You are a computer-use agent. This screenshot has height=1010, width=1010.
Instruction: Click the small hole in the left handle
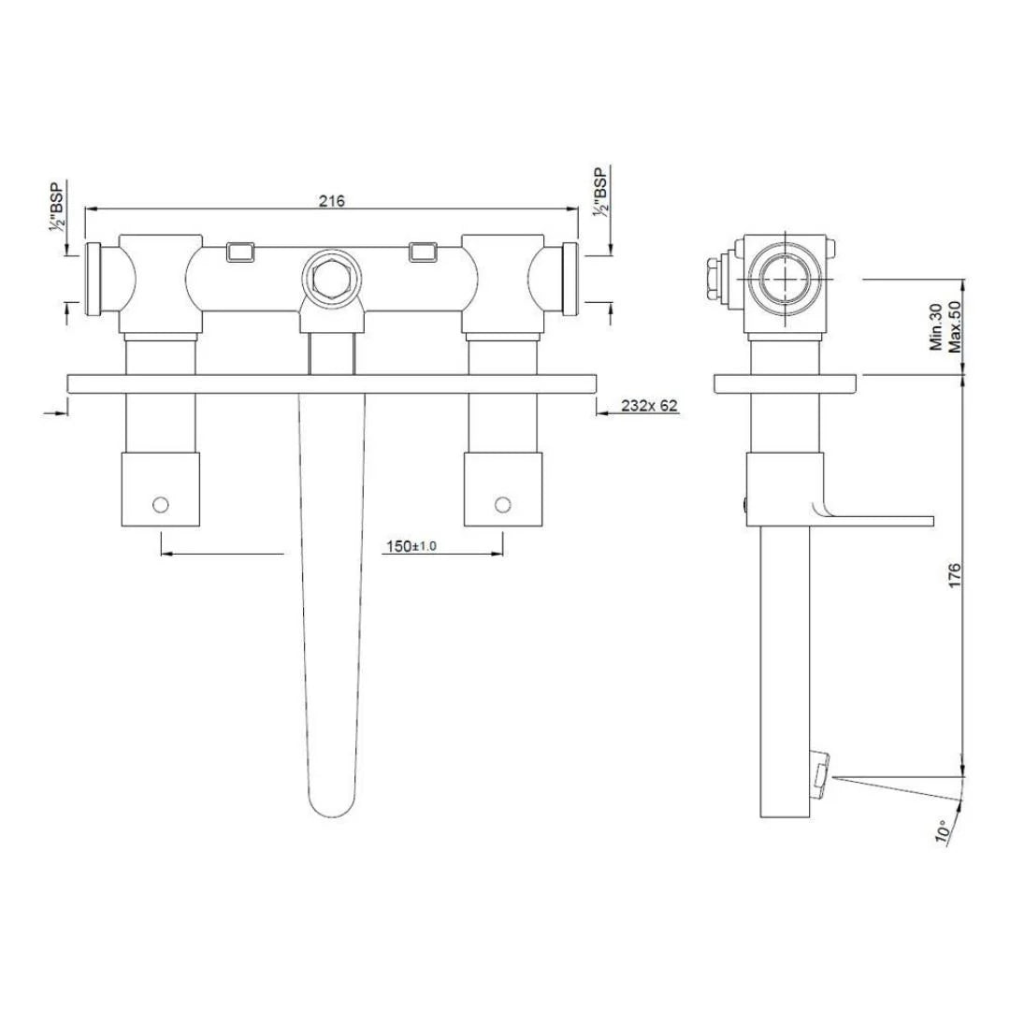(x=161, y=505)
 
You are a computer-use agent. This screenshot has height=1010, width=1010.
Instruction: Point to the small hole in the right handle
(x=502, y=505)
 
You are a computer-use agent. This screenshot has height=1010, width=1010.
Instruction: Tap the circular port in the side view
(x=784, y=279)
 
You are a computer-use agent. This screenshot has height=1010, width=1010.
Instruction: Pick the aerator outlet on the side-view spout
(x=822, y=775)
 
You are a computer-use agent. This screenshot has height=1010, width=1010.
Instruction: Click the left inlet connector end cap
(x=94, y=279)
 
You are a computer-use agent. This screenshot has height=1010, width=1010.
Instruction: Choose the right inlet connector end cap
(x=570, y=279)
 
